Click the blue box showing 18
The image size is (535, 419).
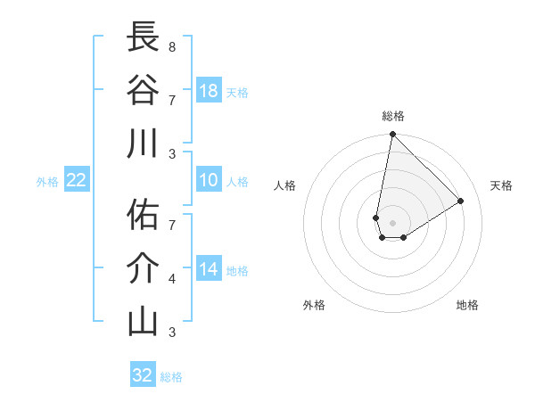tap(209, 91)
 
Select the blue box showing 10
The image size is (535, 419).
tap(209, 180)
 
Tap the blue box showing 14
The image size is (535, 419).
tap(209, 269)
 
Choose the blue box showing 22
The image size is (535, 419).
tap(77, 180)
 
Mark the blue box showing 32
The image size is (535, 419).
tap(143, 374)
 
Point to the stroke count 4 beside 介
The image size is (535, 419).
tap(171, 279)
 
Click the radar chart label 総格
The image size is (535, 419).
tap(392, 116)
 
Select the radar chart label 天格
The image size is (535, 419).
tap(502, 185)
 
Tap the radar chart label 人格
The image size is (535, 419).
tap(285, 185)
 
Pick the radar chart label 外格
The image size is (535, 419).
tap(314, 305)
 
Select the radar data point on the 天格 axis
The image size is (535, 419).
tap(461, 201)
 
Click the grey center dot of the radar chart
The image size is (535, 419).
tap(392, 223)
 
